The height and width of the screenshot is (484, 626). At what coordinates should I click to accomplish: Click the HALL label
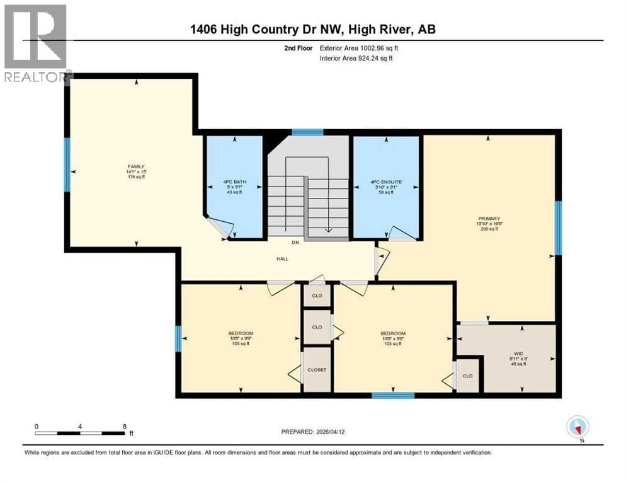[283, 259]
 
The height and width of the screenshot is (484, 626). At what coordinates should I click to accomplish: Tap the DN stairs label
[294, 243]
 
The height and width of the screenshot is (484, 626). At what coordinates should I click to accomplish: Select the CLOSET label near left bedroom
[317, 370]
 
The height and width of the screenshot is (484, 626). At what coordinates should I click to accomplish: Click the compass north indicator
[577, 427]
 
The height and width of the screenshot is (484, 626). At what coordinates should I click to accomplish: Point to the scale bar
[80, 433]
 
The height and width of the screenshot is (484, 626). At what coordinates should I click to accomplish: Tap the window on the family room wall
[67, 164]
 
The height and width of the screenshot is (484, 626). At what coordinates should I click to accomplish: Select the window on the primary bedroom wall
[557, 228]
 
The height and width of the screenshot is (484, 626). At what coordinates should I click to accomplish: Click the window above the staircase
[307, 132]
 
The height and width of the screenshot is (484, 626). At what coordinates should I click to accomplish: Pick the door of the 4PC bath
[217, 227]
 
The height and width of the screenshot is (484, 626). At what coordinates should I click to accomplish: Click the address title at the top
[313, 30]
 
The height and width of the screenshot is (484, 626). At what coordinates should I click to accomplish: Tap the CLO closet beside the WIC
[467, 376]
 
